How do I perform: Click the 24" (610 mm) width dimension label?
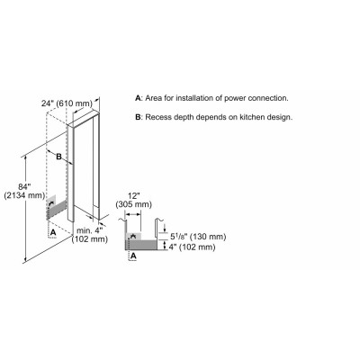point(67,103)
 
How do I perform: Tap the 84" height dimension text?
point(25,187)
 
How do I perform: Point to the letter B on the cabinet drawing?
point(59,157)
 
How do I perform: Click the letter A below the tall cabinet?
point(53,232)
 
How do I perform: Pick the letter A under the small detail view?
point(134,256)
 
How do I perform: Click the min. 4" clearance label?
point(90,230)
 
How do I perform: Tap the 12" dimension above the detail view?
point(134,196)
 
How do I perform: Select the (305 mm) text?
point(134,204)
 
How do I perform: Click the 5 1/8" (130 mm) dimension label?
point(198,237)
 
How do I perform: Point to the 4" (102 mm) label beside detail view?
point(193,247)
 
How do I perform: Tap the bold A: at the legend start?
point(139,98)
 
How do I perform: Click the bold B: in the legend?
point(139,117)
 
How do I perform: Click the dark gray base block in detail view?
point(141,245)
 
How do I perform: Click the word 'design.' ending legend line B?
point(280,117)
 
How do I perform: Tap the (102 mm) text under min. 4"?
point(90,239)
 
